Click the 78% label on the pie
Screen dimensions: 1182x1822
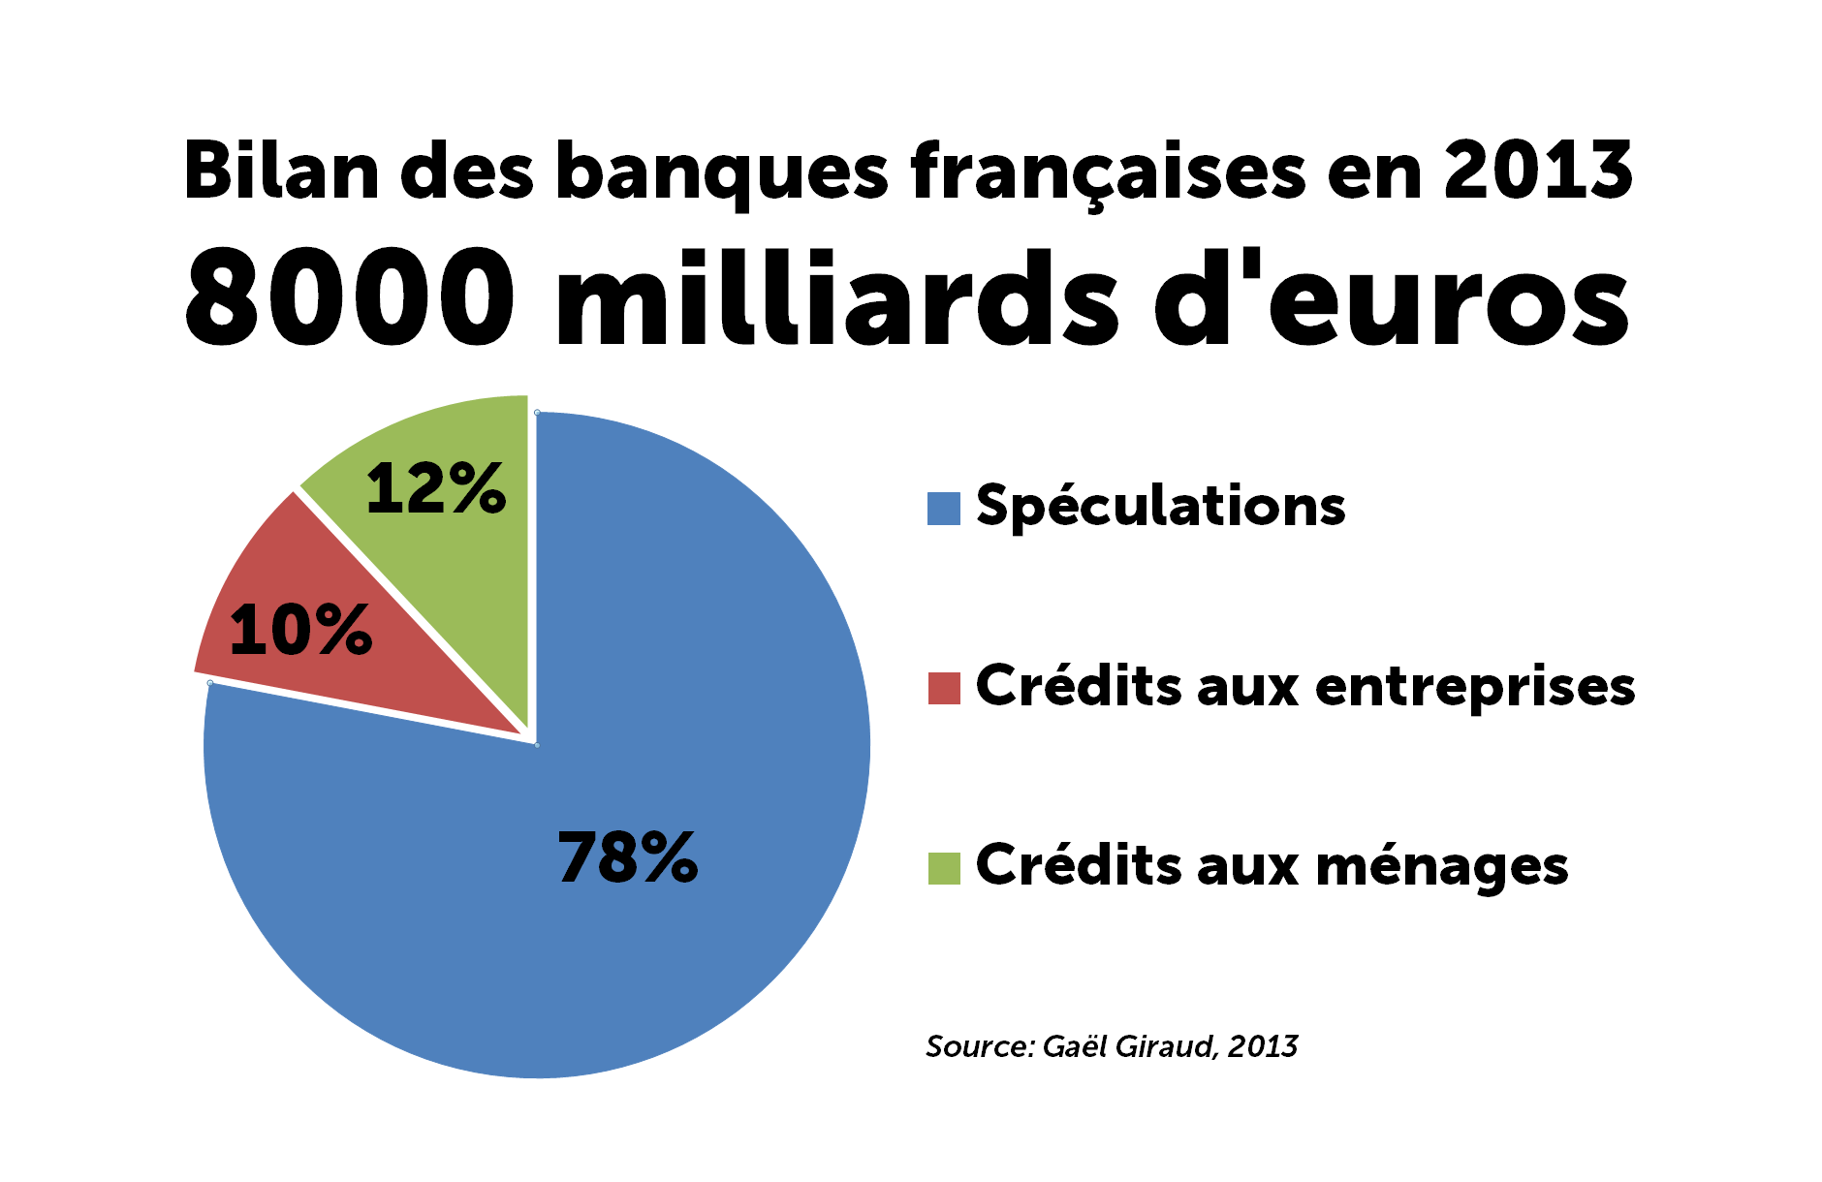click(x=627, y=857)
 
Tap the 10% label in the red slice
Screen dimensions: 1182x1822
click(x=300, y=630)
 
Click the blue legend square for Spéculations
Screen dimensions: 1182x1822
click(x=943, y=509)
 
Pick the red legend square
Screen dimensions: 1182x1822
click(x=943, y=688)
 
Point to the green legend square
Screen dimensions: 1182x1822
click(x=943, y=868)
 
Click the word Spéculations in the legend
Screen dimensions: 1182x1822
click(x=1160, y=507)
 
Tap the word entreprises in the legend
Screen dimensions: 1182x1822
click(x=1474, y=688)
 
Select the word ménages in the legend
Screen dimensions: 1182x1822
click(x=1441, y=866)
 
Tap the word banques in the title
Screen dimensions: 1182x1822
click(x=721, y=172)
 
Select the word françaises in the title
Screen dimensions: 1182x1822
click(x=1108, y=172)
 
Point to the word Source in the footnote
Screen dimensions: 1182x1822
click(x=979, y=1046)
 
